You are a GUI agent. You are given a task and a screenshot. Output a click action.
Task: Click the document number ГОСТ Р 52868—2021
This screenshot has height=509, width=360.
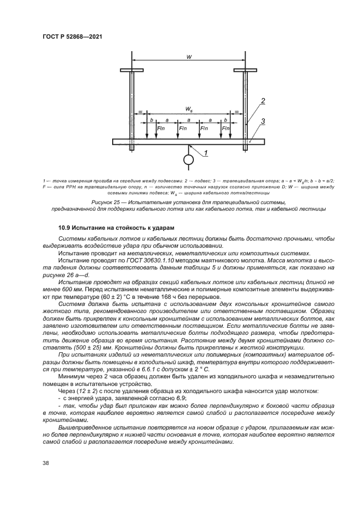[x=72, y=36]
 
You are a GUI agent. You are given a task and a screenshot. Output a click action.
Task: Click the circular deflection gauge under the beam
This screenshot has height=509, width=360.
[x=188, y=160]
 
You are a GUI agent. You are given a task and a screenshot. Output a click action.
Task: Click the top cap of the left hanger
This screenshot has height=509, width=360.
[x=131, y=70]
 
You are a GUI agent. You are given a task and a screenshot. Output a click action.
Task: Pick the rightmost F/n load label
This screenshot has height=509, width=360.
[x=226, y=128]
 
